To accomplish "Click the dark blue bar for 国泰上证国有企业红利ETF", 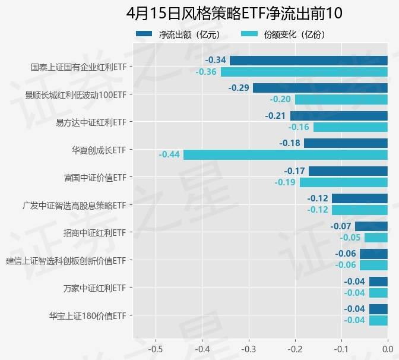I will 308,60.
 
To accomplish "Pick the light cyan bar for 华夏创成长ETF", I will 285,154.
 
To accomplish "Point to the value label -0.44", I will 169,154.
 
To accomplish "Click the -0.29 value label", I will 239,88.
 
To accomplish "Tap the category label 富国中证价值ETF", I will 95,177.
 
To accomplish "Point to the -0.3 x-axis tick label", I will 248,348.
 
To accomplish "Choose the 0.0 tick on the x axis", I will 388,348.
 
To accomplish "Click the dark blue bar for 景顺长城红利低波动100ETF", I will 320,88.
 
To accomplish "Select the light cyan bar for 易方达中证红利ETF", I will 350,127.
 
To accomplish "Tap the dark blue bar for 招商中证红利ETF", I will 371,226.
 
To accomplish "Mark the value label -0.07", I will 341,226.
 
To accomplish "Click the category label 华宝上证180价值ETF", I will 88,315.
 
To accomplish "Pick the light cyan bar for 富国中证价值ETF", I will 343,182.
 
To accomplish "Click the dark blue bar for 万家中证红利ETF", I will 378,282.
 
